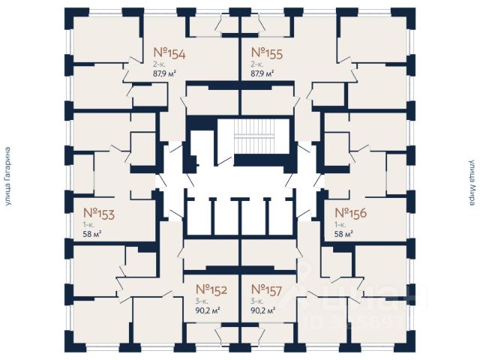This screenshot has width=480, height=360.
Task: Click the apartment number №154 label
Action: click(169, 53)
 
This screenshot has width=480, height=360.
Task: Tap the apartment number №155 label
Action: click(266, 53)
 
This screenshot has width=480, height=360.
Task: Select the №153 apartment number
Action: click(98, 214)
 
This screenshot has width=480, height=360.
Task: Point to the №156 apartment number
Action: click(350, 214)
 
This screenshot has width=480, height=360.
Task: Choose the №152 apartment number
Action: click(211, 289)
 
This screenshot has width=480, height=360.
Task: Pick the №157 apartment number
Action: click(267, 289)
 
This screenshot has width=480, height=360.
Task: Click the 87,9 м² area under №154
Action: click(165, 73)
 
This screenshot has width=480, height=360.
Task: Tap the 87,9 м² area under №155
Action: click(262, 73)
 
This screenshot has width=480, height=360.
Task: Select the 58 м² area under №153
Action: click(92, 234)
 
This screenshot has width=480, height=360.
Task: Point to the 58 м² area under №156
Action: click(343, 234)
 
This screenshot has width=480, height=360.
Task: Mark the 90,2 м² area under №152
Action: click(207, 309)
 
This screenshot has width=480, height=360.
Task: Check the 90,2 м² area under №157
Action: click(263, 309)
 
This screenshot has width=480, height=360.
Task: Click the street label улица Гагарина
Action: click(8, 179)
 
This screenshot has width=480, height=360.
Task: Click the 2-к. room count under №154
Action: click(160, 64)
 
